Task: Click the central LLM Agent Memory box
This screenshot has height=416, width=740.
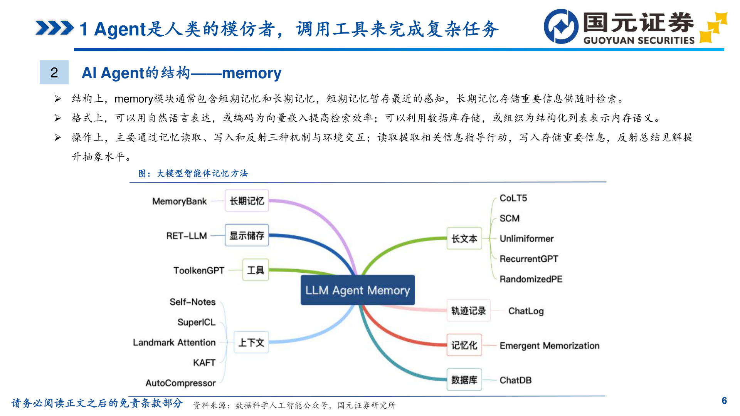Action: click(357, 290)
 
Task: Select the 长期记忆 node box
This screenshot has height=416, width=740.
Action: click(247, 201)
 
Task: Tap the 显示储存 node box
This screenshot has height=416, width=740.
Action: click(247, 235)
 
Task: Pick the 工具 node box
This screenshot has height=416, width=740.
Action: click(255, 270)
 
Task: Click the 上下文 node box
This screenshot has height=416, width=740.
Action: click(251, 342)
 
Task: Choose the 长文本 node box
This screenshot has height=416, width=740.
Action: click(464, 239)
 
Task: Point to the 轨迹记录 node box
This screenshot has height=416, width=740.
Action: click(468, 310)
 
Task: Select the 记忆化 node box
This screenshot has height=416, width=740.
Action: click(464, 345)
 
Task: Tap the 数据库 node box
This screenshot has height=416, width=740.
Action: click(464, 380)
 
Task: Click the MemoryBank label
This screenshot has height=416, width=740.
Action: click(179, 201)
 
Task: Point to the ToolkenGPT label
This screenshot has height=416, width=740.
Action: click(198, 270)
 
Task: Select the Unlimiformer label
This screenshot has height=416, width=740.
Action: click(526, 239)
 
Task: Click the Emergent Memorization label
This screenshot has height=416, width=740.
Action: click(549, 346)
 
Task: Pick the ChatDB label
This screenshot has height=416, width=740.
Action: click(515, 380)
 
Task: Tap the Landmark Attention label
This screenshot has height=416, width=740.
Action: click(174, 342)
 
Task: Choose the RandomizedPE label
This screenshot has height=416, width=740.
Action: click(531, 279)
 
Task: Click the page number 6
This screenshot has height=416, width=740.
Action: click(724, 401)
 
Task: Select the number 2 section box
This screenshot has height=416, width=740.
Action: click(54, 72)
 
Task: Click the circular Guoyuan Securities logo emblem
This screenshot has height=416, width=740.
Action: click(561, 26)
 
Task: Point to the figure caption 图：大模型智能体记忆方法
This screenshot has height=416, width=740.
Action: click(193, 173)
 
